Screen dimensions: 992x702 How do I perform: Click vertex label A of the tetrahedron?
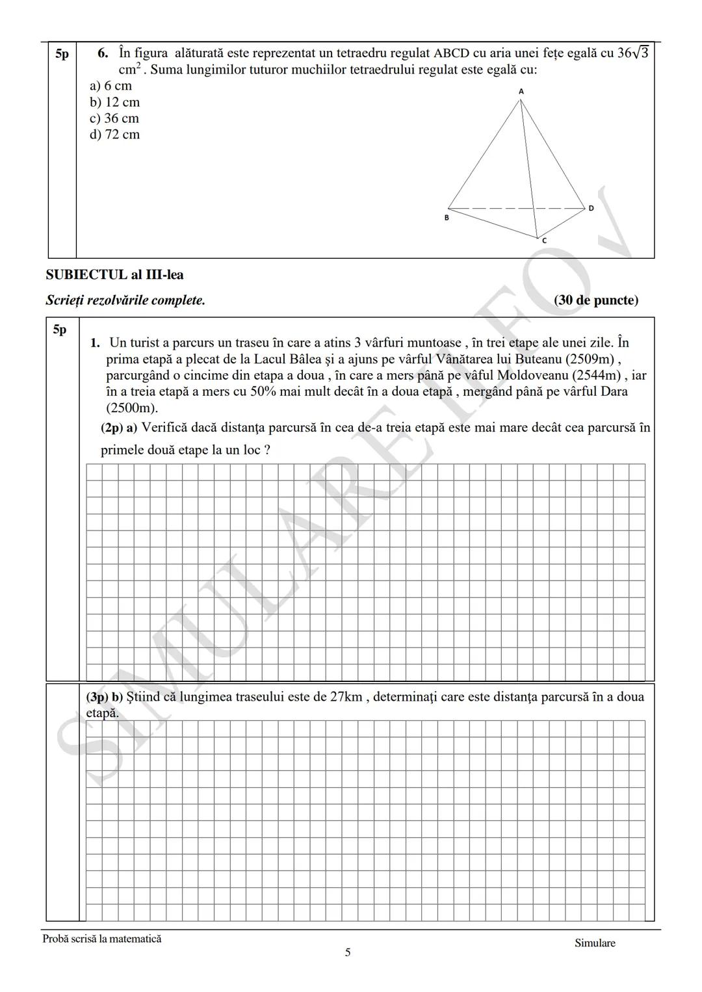(x=521, y=92)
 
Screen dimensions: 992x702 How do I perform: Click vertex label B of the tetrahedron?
(x=447, y=218)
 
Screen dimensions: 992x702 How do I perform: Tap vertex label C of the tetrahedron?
(x=544, y=241)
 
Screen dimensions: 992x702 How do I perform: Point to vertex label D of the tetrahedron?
(x=591, y=209)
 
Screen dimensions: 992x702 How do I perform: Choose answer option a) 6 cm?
(x=110, y=86)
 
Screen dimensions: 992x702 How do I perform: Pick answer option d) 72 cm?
(x=114, y=135)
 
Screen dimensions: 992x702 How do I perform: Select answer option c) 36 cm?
(x=114, y=118)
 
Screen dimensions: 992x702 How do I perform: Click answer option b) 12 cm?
(x=114, y=102)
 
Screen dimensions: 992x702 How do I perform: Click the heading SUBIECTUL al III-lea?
(x=114, y=275)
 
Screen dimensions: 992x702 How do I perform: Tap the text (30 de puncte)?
(x=596, y=300)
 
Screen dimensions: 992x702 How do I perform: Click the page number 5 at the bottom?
(x=347, y=952)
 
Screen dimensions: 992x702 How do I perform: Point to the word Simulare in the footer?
(x=594, y=943)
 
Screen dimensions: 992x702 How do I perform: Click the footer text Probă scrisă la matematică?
(x=101, y=939)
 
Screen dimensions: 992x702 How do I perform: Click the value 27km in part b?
(x=346, y=697)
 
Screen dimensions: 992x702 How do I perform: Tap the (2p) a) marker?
(x=118, y=428)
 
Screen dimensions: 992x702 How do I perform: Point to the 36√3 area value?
(x=632, y=53)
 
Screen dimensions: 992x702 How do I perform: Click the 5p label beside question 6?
(x=62, y=54)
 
